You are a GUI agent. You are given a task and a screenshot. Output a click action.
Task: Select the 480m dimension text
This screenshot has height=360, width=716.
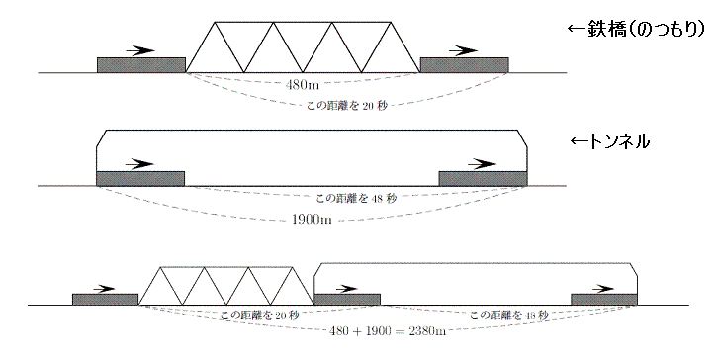[303, 85]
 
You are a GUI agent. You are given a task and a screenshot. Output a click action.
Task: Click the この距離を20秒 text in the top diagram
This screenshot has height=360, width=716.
[347, 104]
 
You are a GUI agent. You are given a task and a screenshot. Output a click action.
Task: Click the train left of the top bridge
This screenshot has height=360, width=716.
[141, 65]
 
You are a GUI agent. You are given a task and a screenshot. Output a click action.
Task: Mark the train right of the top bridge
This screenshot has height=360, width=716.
[464, 65]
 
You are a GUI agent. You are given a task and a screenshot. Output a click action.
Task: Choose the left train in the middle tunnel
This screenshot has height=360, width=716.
[140, 178]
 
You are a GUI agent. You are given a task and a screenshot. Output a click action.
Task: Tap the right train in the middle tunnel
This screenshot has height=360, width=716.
[483, 178]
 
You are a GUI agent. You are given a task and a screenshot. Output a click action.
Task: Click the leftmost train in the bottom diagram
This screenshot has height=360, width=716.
[105, 300]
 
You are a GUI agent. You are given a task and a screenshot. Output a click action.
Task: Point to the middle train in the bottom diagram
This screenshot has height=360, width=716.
[347, 300]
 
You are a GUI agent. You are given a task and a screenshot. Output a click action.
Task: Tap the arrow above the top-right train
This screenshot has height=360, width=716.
[463, 48]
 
